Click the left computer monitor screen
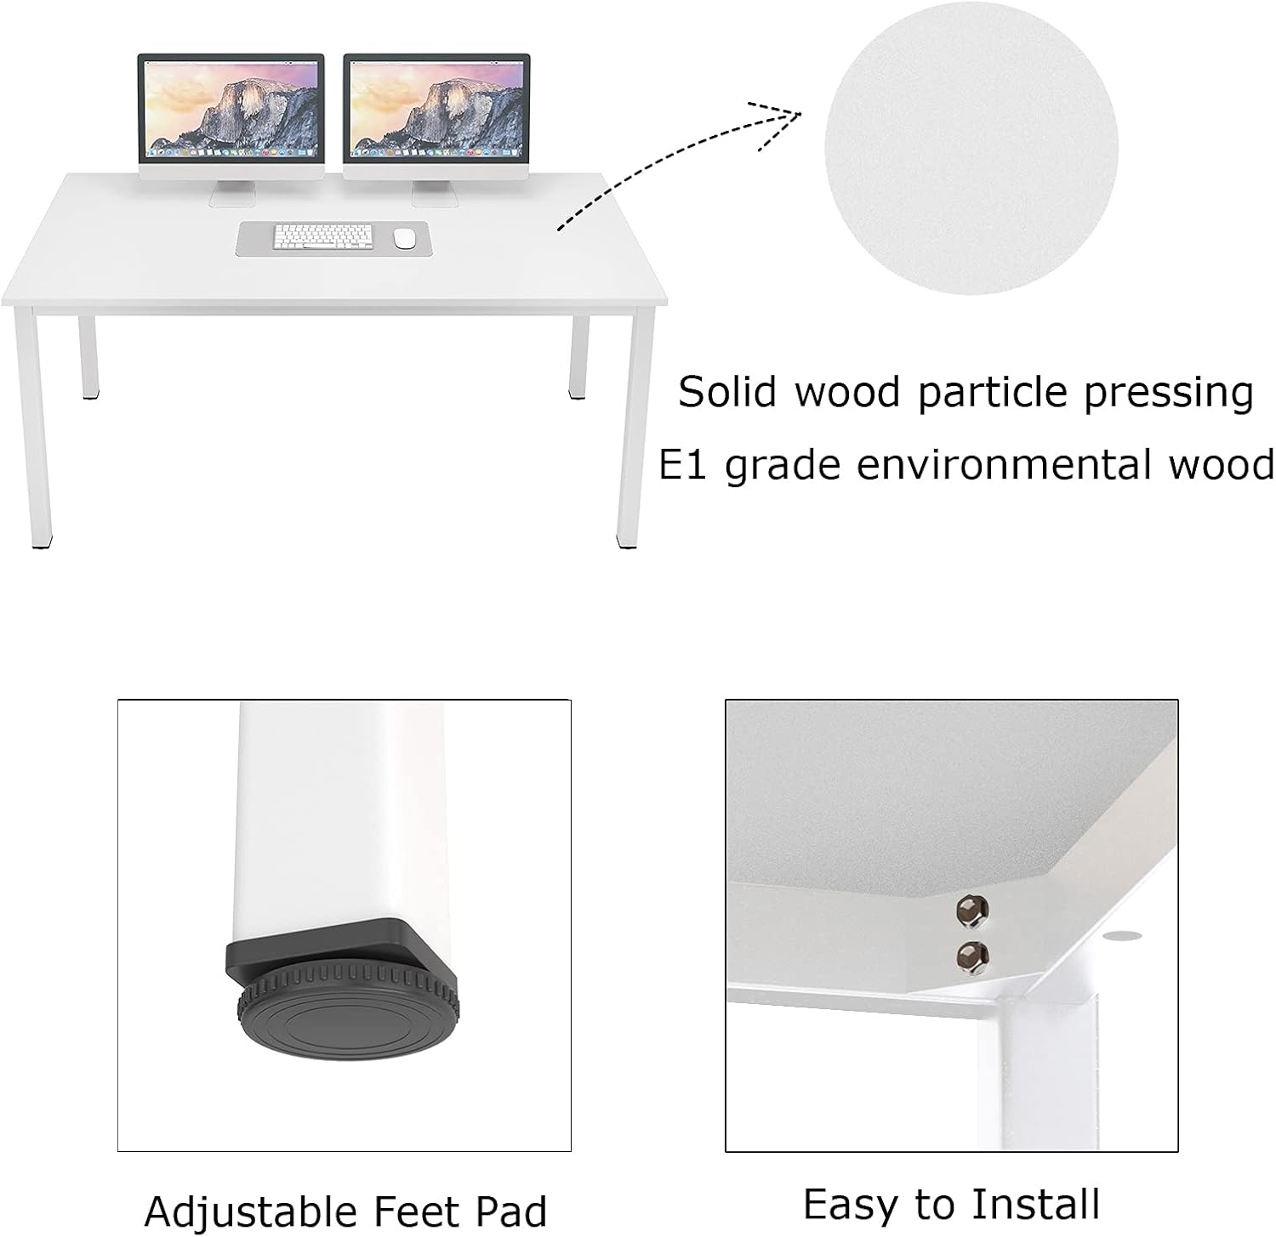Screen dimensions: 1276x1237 [x=231, y=107]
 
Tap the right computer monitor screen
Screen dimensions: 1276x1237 [x=436, y=107]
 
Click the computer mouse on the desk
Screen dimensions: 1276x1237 [x=405, y=238]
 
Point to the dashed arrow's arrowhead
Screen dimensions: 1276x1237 [x=776, y=123]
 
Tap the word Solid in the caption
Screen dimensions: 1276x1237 [x=728, y=392]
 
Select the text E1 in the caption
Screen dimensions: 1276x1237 [x=682, y=465]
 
